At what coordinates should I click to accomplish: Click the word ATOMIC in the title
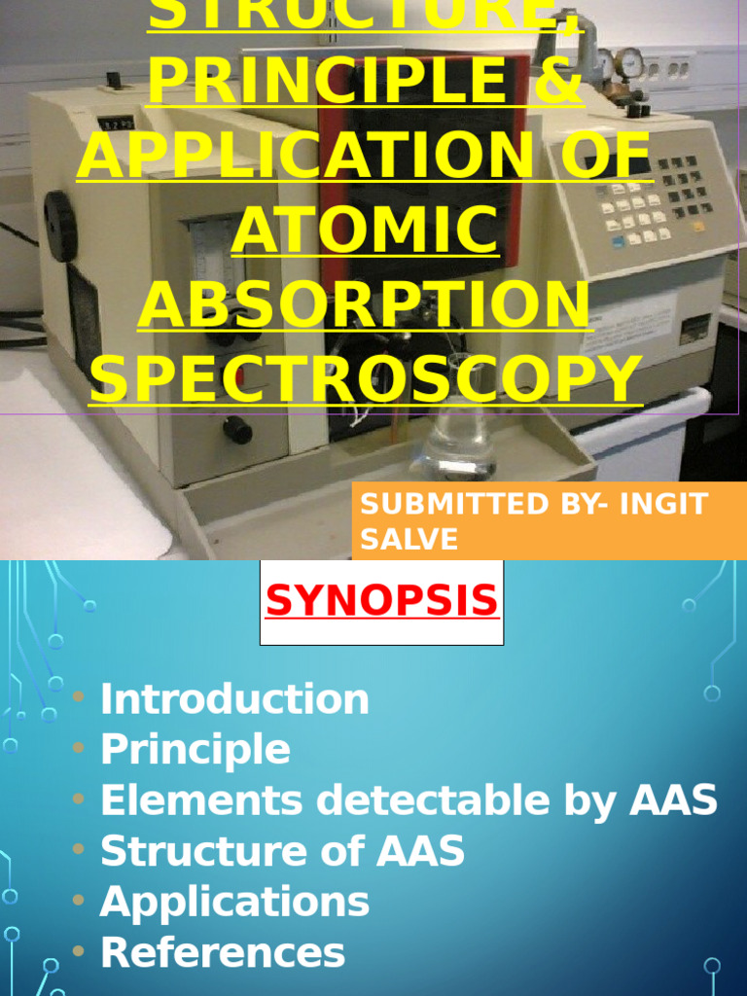365,231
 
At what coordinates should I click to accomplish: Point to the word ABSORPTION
365,303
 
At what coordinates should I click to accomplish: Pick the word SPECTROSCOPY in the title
365,376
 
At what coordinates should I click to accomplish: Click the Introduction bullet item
234,699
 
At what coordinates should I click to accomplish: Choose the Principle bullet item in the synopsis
195,750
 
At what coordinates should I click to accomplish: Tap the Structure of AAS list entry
282,851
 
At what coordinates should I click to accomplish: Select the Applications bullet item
234,902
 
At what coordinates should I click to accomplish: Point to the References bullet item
223,952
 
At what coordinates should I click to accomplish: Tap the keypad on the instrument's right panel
652,199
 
